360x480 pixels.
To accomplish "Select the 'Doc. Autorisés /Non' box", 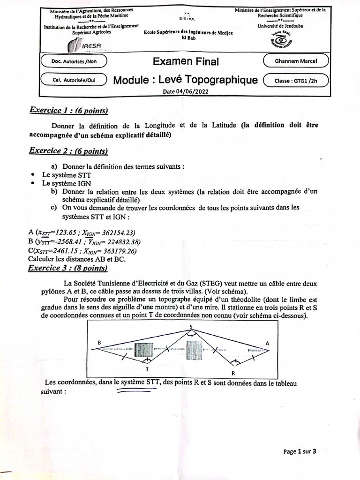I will point(74,61).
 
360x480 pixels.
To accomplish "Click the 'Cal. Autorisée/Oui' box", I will point(74,80).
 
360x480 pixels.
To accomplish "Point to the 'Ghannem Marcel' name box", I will point(296,61).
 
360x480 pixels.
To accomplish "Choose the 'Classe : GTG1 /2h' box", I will point(296,80).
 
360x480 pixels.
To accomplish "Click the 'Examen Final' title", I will point(186,61).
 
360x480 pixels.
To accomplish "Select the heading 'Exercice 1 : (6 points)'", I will point(68,111).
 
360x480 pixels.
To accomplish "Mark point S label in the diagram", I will point(190,326).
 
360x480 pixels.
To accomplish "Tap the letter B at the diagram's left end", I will point(99,343).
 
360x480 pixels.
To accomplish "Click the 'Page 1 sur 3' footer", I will point(300,451).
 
